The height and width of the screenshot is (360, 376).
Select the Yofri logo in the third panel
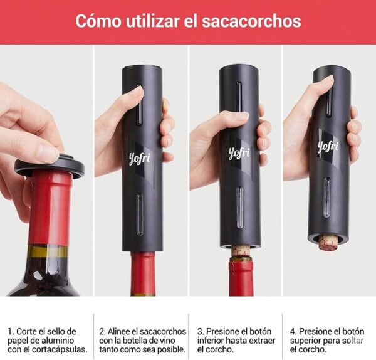pos(238,152)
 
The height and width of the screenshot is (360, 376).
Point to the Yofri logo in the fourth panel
pos(328,147)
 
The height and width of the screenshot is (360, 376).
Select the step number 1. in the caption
pos(11,331)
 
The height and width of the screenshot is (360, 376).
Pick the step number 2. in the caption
pos(103,331)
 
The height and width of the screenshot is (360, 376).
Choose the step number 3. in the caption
pos(201,331)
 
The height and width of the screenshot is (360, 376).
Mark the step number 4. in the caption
pos(293,331)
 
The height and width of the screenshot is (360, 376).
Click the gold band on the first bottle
pos(47,251)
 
